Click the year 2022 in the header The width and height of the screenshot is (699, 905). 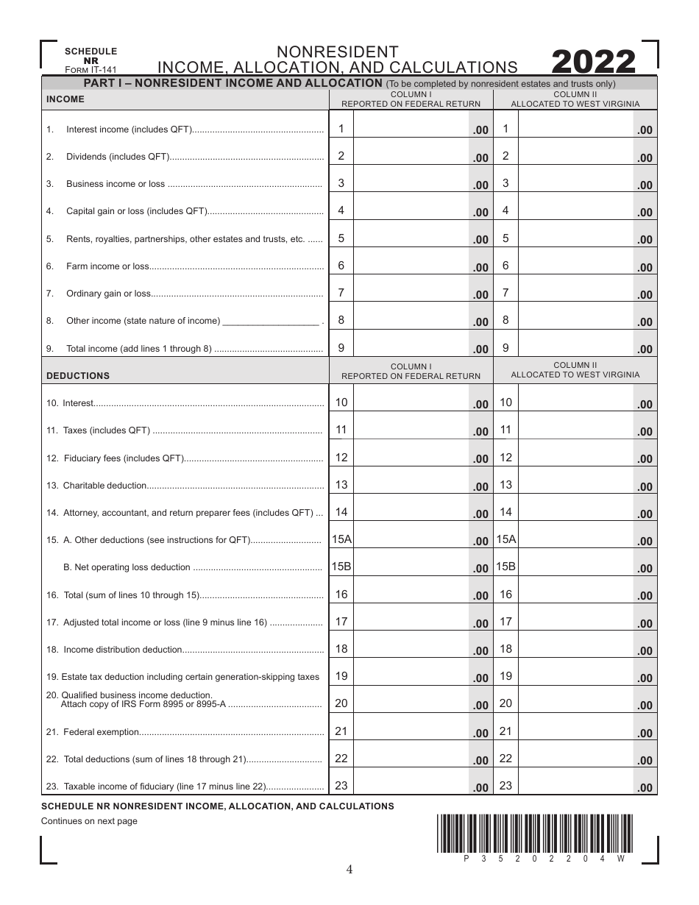click(592, 63)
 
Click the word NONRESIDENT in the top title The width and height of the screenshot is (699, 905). click(338, 52)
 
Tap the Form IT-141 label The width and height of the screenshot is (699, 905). click(91, 70)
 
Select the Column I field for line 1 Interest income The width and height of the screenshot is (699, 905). click(412, 129)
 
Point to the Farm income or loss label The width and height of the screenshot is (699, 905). click(107, 266)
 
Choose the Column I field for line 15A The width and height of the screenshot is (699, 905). click(412, 540)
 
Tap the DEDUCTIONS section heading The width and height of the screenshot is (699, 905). click(77, 376)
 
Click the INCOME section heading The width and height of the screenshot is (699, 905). click(65, 99)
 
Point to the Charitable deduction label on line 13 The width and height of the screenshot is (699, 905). click(105, 486)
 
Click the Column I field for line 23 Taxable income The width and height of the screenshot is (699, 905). click(412, 787)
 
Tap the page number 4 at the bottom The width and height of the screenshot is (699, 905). click(349, 870)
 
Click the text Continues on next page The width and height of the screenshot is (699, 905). click(89, 821)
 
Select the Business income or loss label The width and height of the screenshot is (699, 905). click(116, 184)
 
